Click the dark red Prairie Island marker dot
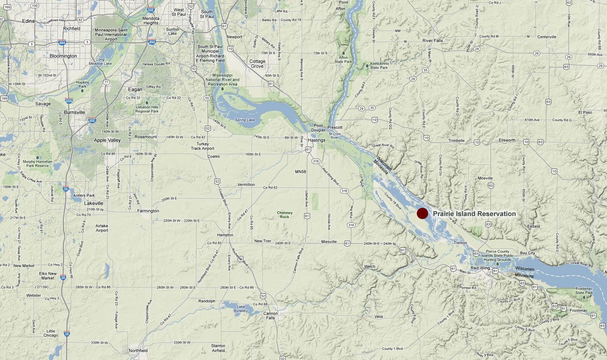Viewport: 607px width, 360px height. point(422,213)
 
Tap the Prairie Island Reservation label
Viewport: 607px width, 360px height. point(474,214)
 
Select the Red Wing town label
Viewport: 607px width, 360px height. point(480,268)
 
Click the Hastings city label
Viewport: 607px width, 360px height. point(316,140)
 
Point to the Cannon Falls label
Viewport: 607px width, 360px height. point(270,316)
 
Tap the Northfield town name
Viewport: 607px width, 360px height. point(138,351)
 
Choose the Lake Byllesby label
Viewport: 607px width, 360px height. point(241,309)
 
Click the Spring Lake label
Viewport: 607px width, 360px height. point(245,120)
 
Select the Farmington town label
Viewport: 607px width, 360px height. point(148,211)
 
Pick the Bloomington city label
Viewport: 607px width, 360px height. point(63,56)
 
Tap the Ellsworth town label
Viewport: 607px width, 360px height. point(507,140)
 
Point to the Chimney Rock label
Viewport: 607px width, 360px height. point(285,215)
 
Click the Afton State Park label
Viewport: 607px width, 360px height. point(343,59)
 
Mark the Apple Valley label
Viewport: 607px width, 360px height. point(107,140)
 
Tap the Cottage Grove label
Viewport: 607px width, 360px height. point(257,64)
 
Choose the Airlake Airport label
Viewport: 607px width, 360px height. point(101,228)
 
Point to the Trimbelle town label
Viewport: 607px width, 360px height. point(456,141)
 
